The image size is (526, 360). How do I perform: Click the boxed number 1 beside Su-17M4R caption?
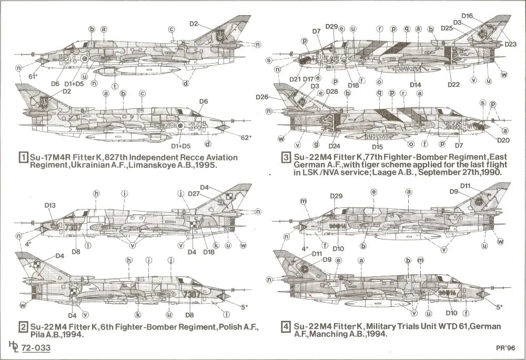coord(23,158)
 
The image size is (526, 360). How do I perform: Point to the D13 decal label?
coord(50,205)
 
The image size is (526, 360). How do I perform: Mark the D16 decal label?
coord(467,16)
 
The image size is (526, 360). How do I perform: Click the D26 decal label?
coord(262,97)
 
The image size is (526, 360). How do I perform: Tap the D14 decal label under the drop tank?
coord(415,84)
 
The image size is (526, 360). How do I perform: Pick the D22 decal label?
coord(453,84)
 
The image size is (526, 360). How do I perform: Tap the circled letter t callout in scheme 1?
coord(115,85)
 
